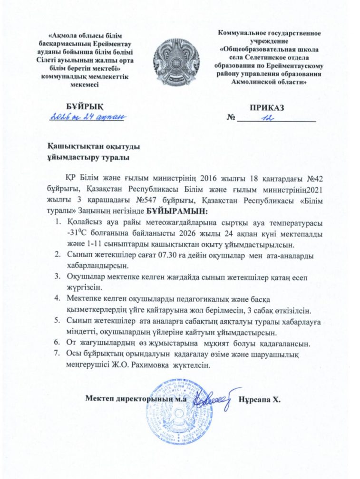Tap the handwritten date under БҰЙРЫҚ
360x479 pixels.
click(87, 116)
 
